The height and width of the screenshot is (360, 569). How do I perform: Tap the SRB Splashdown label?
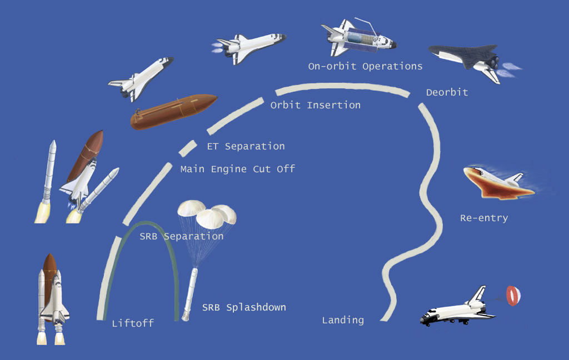[244, 307]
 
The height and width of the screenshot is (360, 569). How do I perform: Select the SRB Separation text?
[182, 236]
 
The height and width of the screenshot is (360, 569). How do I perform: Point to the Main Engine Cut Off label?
[237, 169]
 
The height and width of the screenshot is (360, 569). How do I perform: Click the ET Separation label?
[246, 147]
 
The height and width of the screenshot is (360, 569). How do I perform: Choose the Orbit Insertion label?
[315, 105]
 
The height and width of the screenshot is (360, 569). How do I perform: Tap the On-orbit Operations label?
[365, 67]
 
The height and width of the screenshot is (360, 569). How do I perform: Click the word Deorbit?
[447, 92]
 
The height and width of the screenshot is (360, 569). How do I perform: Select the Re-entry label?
[483, 218]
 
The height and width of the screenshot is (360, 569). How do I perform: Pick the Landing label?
[343, 320]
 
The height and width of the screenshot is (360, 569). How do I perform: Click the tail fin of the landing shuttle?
[477, 297]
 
